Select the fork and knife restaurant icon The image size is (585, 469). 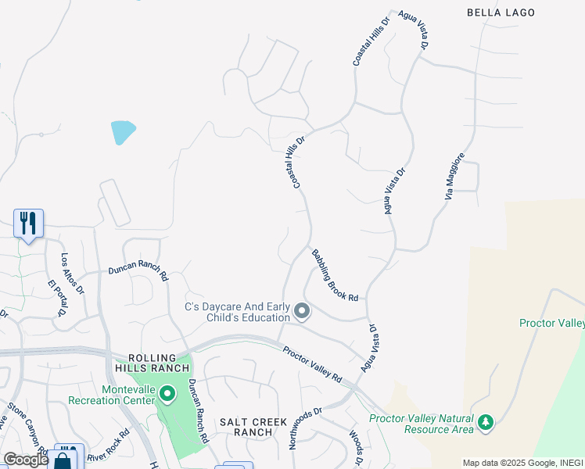click(x=28, y=224)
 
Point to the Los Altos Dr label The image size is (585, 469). click(x=73, y=272)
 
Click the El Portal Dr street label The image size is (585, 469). click(x=57, y=298)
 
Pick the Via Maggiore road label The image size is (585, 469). click(x=455, y=176)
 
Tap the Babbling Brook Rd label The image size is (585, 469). click(x=335, y=276)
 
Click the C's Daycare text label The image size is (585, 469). click(x=237, y=312)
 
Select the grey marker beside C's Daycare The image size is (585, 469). click(x=302, y=313)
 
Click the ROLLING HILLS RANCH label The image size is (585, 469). click(x=153, y=363)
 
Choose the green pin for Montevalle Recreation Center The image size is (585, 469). click(x=166, y=393)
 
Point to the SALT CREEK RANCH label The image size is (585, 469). click(x=246, y=426)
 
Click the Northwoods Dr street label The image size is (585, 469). click(x=306, y=428)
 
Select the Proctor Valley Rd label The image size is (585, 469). click(x=313, y=364)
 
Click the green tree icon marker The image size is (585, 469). click(x=486, y=423)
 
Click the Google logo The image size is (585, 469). click(x=26, y=460)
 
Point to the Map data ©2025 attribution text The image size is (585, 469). click(x=522, y=463)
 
